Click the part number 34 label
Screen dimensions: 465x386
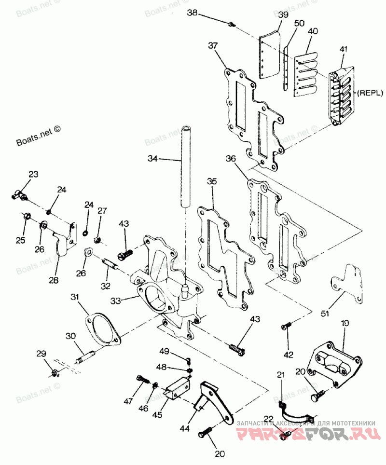tap(152, 158)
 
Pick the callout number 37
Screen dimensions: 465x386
tap(213, 46)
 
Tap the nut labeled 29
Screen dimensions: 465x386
tap(55, 372)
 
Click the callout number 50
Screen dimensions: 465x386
tap(299, 23)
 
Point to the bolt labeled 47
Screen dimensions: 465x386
tap(141, 379)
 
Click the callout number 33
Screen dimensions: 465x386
tap(115, 301)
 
